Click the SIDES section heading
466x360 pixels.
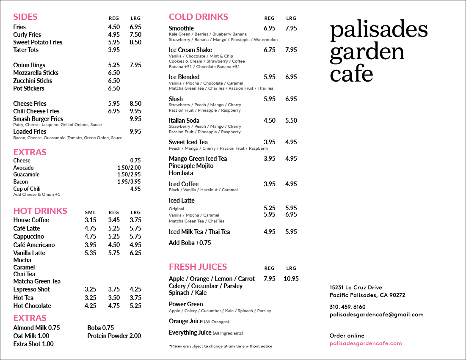click(x=25, y=17)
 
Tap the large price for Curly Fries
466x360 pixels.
click(x=135, y=35)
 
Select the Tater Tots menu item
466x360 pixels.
click(x=26, y=50)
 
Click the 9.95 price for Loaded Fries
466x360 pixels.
click(x=135, y=132)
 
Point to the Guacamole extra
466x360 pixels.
click(x=26, y=175)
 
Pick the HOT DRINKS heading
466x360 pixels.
click(x=40, y=211)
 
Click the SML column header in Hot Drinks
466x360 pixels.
click(x=90, y=212)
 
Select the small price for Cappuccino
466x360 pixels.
click(x=90, y=236)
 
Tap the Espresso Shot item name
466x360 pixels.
click(x=31, y=289)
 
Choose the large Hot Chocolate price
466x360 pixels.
click(x=135, y=306)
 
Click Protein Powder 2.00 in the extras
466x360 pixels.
click(x=114, y=336)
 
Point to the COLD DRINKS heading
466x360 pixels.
click(x=199, y=17)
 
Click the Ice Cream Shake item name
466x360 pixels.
click(x=190, y=50)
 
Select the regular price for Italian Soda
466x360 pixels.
click(x=270, y=121)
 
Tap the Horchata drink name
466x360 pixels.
click(x=181, y=173)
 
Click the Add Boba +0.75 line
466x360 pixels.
click(x=190, y=243)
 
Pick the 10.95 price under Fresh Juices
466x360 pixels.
click(x=291, y=279)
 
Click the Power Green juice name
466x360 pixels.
click(x=186, y=304)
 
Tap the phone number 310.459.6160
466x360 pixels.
click(x=347, y=307)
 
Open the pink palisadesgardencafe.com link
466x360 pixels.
click(x=365, y=344)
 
